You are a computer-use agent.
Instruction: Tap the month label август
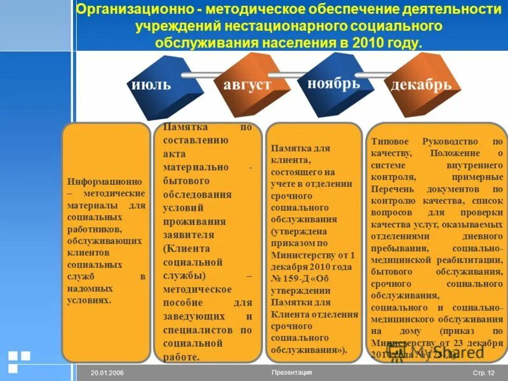point(247,85)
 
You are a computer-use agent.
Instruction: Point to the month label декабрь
point(422,86)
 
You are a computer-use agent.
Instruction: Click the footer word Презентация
point(291,372)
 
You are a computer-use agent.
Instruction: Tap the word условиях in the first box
point(89,300)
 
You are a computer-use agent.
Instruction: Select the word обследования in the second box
point(196,194)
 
